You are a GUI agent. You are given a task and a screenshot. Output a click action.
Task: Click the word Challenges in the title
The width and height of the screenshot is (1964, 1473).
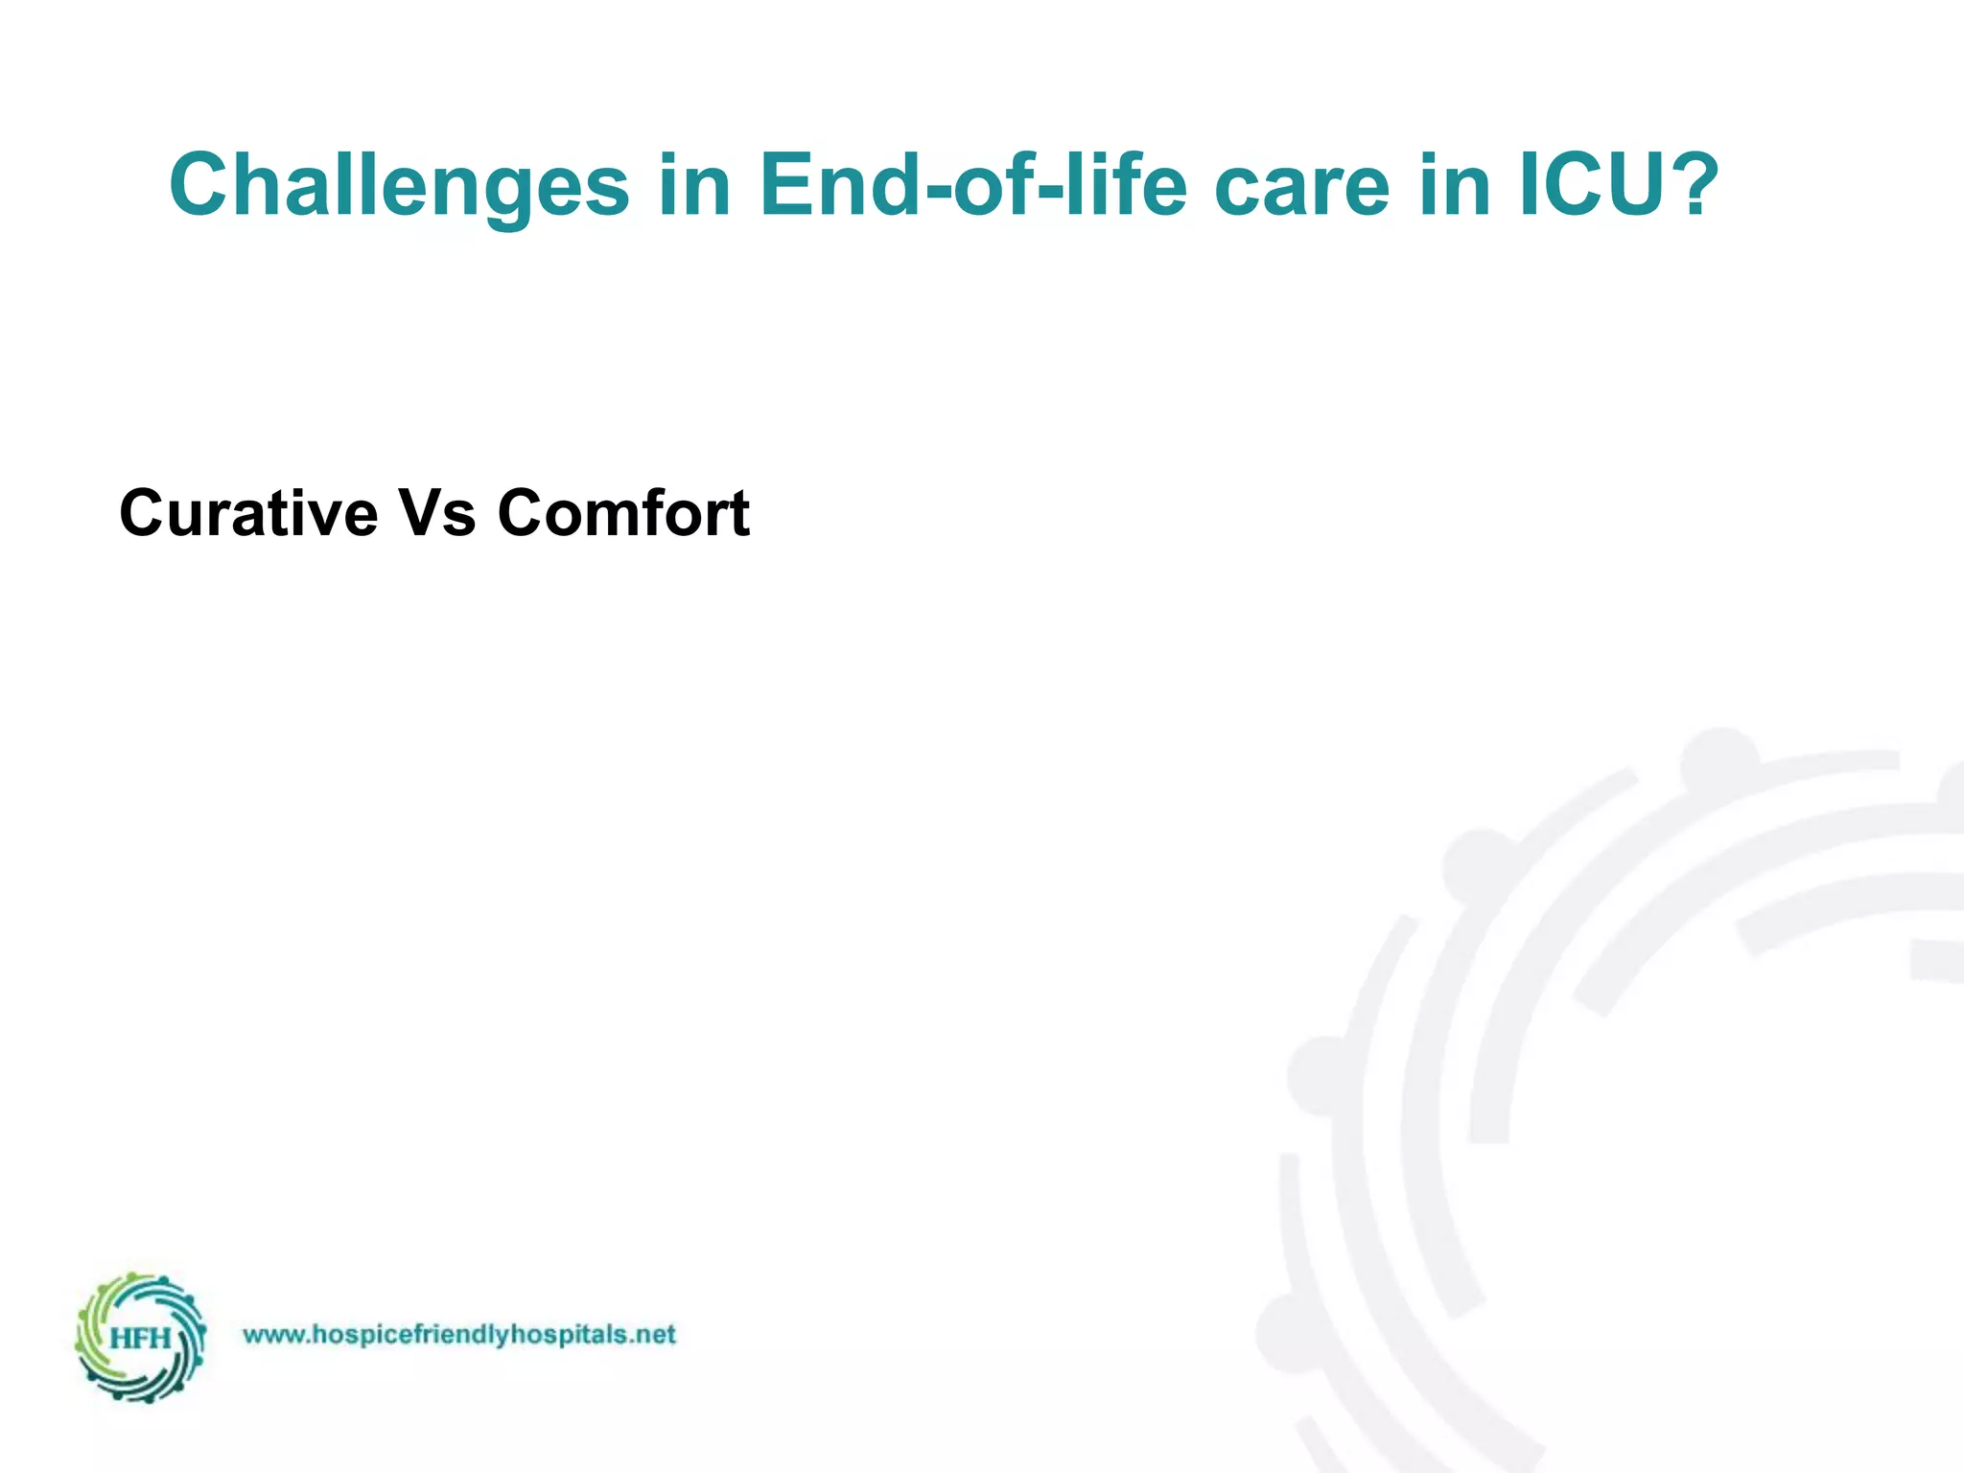[x=398, y=186]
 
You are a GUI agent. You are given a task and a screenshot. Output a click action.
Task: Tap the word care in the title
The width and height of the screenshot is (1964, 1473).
[x=1300, y=186]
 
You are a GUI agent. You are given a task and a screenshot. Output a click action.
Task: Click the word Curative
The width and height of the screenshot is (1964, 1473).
[x=248, y=513]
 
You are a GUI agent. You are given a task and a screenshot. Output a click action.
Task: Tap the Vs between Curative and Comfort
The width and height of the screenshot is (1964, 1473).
[x=437, y=513]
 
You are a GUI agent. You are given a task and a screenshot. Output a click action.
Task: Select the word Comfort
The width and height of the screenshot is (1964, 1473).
[x=623, y=513]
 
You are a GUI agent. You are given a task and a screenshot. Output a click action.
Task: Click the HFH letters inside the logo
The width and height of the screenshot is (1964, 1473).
[x=140, y=1338]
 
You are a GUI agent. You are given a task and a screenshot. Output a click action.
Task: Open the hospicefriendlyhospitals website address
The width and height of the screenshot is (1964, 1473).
[x=459, y=1335]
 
